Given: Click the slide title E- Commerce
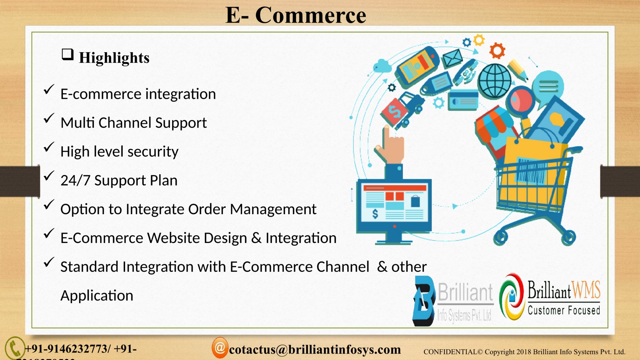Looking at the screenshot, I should [295, 15].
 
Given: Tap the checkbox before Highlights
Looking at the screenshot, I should [68, 54].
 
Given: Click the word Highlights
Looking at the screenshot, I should [114, 58].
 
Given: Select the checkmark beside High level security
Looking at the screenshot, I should [49, 147].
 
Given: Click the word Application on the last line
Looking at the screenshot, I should [97, 296].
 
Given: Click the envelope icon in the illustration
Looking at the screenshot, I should [452, 59].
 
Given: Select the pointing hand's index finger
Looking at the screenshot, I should [386, 134].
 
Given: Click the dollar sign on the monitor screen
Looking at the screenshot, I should [375, 213].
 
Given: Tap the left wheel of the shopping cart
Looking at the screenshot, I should [501, 237].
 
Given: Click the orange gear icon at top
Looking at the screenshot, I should [497, 51].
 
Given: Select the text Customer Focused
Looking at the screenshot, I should [564, 310].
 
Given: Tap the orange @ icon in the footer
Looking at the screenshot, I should [220, 348].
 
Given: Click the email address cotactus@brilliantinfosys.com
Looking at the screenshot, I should [315, 349].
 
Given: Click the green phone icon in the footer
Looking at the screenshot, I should [15, 348].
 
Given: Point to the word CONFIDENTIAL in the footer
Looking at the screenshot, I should [450, 352].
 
